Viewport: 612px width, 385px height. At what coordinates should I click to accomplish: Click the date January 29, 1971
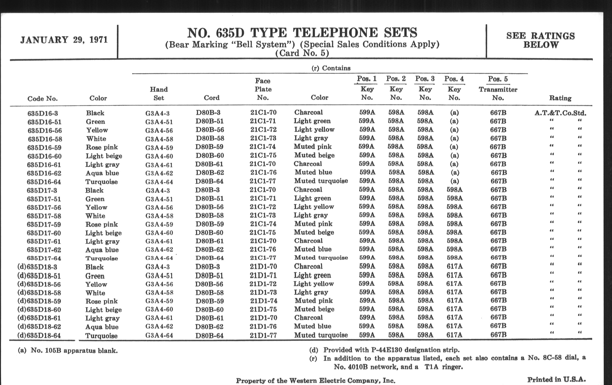click(x=64, y=40)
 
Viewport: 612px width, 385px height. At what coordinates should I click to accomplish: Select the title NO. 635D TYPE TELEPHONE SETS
click(x=302, y=33)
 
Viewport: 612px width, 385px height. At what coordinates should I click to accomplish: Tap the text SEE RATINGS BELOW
click(x=540, y=41)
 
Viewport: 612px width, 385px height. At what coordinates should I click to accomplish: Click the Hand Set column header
click(x=159, y=94)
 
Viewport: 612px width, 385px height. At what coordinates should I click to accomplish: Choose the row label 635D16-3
click(x=43, y=113)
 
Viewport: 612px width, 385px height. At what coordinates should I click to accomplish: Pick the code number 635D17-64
click(x=44, y=258)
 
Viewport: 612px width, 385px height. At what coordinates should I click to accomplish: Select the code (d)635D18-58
click(x=39, y=293)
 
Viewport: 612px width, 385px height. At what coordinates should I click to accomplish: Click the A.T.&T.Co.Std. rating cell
click(x=560, y=113)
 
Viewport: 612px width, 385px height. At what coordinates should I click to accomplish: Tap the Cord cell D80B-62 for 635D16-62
click(x=210, y=173)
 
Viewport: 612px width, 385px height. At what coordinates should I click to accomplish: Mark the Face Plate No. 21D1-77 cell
click(x=263, y=335)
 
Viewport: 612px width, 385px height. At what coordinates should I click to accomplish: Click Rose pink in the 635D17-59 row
click(x=101, y=224)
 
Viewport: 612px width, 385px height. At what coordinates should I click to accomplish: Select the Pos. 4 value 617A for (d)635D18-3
click(x=454, y=266)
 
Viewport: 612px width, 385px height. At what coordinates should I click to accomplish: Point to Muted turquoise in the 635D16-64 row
click(x=321, y=181)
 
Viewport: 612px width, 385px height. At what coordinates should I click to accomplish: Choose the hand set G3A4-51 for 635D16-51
click(x=159, y=122)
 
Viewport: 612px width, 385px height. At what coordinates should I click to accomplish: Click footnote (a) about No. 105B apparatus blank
click(x=68, y=351)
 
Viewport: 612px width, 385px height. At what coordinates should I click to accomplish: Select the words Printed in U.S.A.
click(x=556, y=379)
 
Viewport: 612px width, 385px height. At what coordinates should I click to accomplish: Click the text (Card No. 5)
click(x=302, y=53)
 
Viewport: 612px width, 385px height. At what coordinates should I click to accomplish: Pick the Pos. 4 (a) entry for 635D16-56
click(x=454, y=130)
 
